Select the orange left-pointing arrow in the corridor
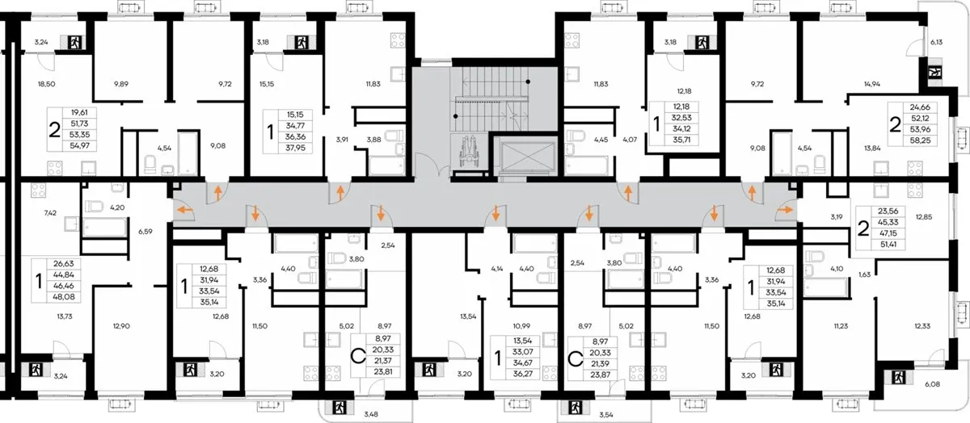pyautogui.click(x=186, y=210)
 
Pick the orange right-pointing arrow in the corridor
pyautogui.click(x=784, y=210)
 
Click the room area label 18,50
pyautogui.click(x=46, y=84)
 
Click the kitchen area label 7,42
pyautogui.click(x=50, y=213)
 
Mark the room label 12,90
pyautogui.click(x=121, y=326)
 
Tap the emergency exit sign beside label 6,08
pyautogui.click(x=899, y=378)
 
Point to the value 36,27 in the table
pyautogui.click(x=523, y=374)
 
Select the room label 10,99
pyautogui.click(x=521, y=326)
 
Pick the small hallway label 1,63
pyautogui.click(x=864, y=274)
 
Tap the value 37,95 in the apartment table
pyautogui.click(x=294, y=148)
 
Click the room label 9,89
pyautogui.click(x=121, y=84)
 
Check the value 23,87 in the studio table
pyautogui.click(x=600, y=375)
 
